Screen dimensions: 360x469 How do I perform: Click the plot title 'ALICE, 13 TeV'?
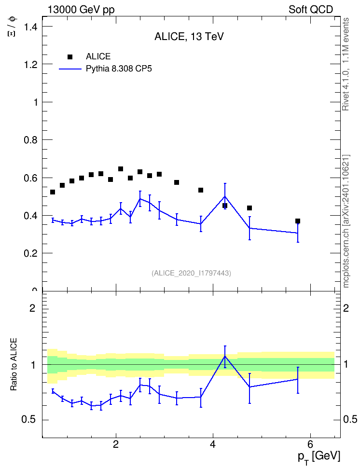pos(189,37)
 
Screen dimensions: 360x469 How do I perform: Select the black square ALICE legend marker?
pos(70,57)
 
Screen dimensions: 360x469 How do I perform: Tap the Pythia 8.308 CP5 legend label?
pos(119,69)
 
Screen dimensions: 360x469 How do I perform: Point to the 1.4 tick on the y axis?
pos(31,27)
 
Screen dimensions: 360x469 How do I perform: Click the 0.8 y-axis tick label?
pos(31,140)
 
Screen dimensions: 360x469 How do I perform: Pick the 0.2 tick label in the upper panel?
pos(31,253)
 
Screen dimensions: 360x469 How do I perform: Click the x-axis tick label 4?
pos(213,444)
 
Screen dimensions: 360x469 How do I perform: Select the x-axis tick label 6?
pos(310,444)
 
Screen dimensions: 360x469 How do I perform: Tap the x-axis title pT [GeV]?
pos(319,457)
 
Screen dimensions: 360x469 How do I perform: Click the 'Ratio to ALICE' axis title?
pos(14,364)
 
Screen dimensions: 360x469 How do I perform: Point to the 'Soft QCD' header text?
pos(311,10)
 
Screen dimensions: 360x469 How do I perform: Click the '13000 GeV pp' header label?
pos(81,10)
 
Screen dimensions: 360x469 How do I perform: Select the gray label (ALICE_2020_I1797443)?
pos(191,273)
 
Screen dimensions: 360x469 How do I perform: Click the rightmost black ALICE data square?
pos(298,221)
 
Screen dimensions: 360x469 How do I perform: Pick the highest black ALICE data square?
pos(121,169)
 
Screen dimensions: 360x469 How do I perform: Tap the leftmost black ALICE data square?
pos(53,192)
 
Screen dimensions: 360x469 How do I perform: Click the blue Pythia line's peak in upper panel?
pos(225,196)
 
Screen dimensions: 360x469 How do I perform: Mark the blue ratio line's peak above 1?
pos(225,356)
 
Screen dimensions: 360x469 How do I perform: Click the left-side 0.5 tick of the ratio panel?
pos(28,420)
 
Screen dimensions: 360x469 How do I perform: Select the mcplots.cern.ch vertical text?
pos(346,221)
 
